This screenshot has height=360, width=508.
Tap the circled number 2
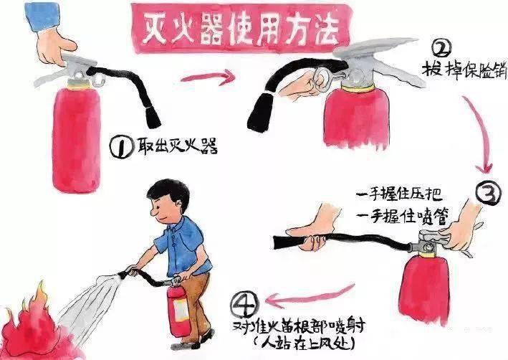click(441, 49)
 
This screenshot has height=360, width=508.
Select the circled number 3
click(489, 193)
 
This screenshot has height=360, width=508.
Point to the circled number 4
click(244, 305)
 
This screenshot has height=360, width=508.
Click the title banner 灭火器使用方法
click(241, 28)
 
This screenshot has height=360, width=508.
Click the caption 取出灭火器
click(177, 146)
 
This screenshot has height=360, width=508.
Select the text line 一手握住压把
click(399, 196)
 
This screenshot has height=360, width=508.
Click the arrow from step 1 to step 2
click(207, 78)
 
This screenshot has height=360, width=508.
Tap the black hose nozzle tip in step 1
click(152, 118)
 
